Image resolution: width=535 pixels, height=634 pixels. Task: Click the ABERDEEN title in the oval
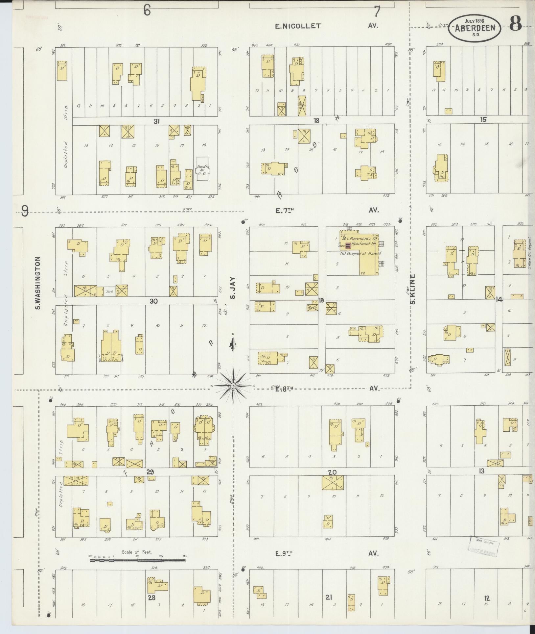(475, 28)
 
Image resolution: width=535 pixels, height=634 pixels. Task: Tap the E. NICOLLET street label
(298, 26)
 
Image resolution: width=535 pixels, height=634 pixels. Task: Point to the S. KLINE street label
(413, 289)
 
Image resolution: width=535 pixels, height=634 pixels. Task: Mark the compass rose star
(233, 385)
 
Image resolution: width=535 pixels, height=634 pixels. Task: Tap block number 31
(157, 121)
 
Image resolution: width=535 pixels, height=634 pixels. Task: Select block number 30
(153, 301)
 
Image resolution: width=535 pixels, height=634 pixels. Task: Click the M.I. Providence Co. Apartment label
(360, 241)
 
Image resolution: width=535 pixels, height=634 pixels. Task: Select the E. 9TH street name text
(284, 554)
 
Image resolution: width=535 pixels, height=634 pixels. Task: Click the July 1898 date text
(474, 21)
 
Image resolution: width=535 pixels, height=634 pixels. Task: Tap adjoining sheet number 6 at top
(147, 11)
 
